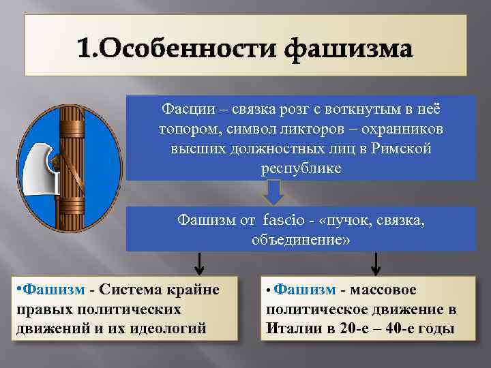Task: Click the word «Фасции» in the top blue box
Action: pyautogui.click(x=183, y=108)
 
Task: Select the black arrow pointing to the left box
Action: pyautogui.click(x=198, y=262)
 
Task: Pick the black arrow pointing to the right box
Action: pyautogui.click(x=376, y=262)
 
